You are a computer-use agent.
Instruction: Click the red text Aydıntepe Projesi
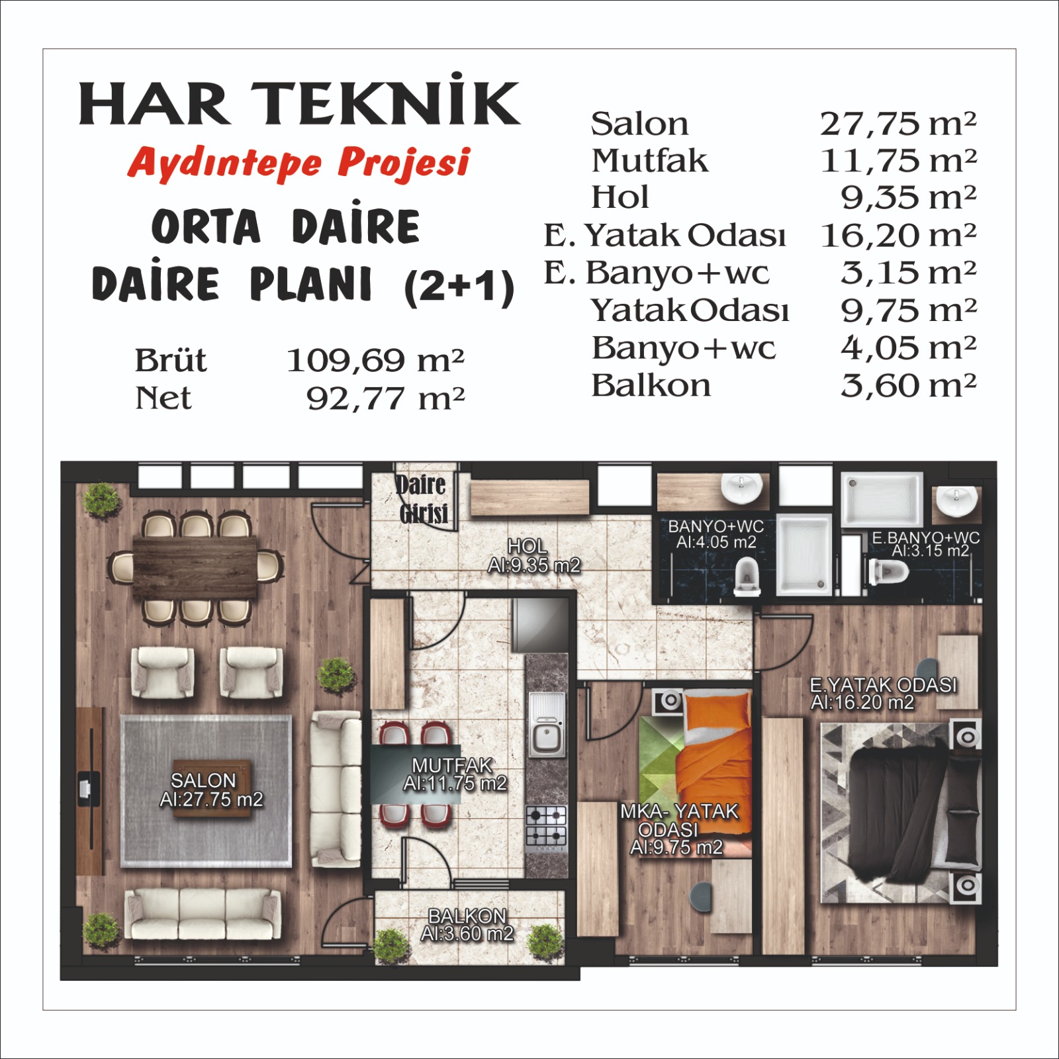tap(299, 163)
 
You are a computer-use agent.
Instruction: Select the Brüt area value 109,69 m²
tap(375, 361)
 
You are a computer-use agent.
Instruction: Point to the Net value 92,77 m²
tap(385, 398)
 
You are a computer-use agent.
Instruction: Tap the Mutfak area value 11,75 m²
tap(898, 161)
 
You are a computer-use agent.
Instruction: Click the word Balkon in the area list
tap(651, 386)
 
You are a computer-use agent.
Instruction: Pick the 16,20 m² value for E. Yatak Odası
tap(898, 236)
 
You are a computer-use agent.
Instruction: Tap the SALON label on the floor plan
tap(203, 780)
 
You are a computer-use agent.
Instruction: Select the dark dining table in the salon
tap(195, 568)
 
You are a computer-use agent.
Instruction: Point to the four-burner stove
tap(546, 827)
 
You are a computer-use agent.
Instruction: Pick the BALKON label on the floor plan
tap(467, 916)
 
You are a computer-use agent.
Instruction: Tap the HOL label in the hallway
tap(527, 546)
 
